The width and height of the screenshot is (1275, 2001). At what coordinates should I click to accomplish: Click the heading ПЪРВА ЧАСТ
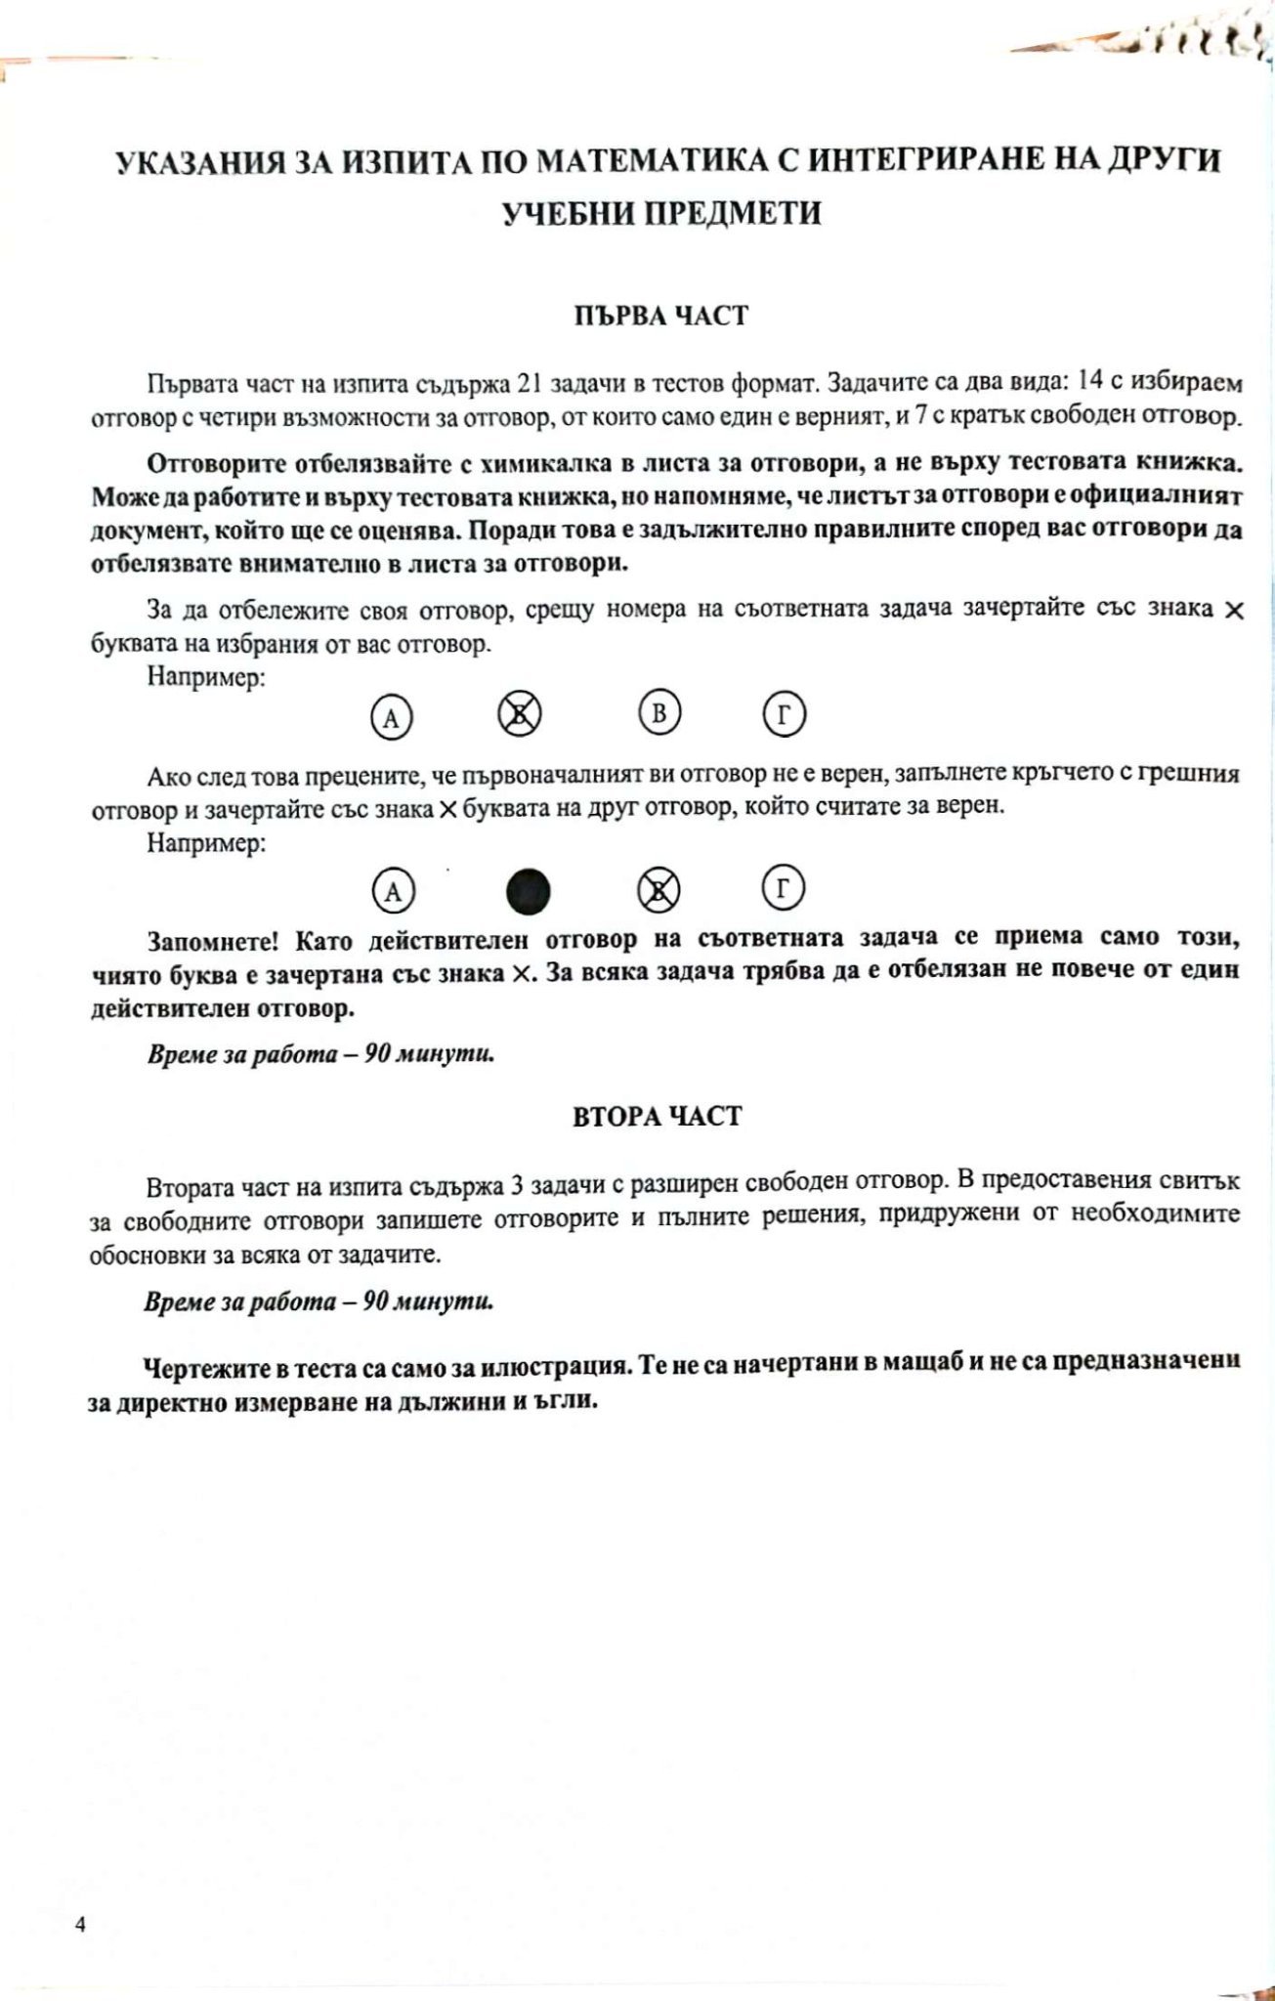[x=660, y=316]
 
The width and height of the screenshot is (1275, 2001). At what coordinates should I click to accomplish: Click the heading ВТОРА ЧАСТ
[x=658, y=1116]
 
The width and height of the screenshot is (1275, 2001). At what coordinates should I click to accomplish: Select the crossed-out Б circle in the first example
[x=520, y=715]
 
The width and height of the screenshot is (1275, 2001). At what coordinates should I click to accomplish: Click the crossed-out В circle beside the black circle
[x=659, y=890]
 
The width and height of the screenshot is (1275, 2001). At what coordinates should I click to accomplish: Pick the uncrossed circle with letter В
[x=659, y=713]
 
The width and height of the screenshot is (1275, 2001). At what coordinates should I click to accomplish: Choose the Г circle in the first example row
[x=784, y=714]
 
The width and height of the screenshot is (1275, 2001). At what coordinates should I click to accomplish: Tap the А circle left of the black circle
[x=393, y=891]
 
